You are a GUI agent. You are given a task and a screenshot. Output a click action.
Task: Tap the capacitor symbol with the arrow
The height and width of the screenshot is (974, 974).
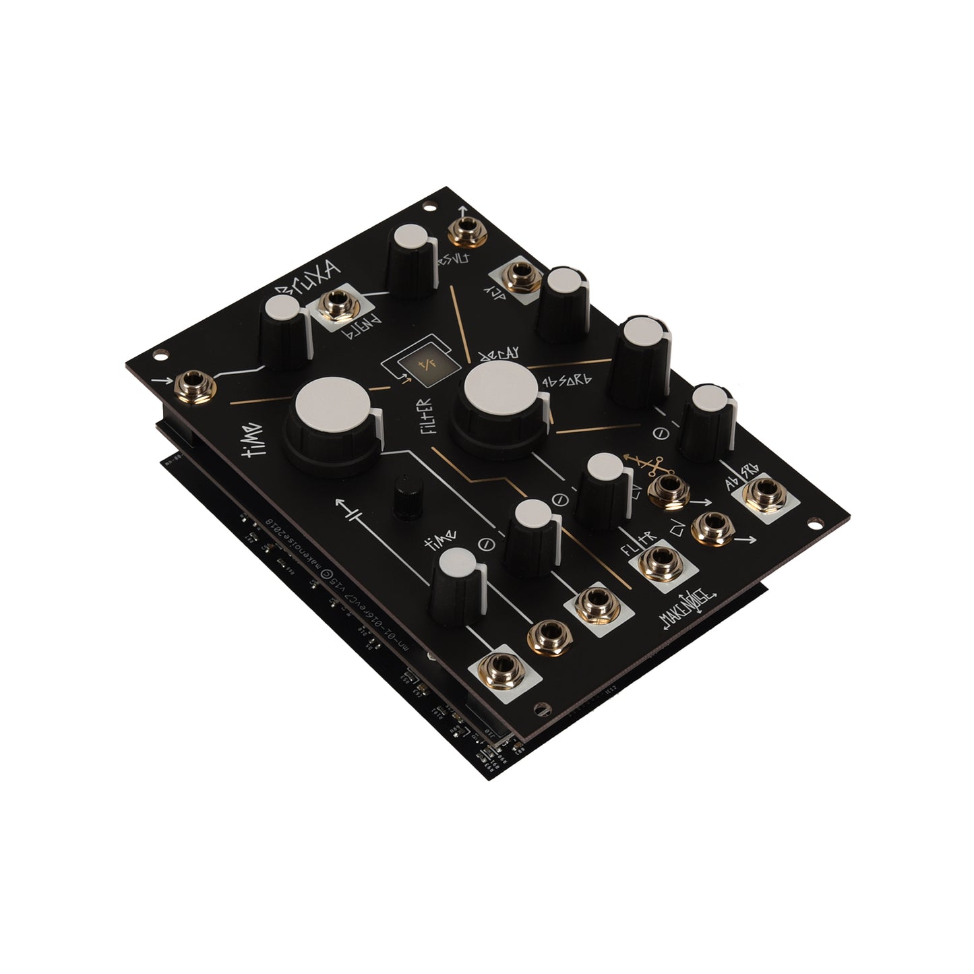[x=355, y=516]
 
